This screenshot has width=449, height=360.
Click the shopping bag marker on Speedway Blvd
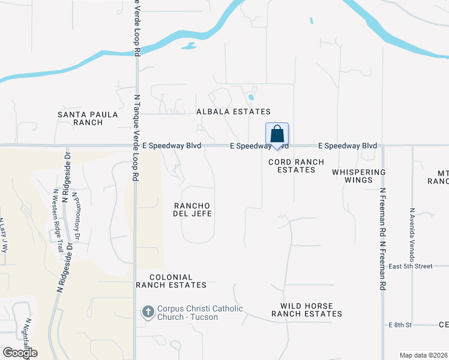(277, 134)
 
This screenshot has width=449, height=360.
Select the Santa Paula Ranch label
(80, 118)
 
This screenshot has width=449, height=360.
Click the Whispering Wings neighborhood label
(359, 176)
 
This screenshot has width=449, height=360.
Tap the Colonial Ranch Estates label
(171, 281)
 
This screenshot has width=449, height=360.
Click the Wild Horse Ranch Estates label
(306, 309)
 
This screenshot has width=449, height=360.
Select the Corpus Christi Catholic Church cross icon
(148, 312)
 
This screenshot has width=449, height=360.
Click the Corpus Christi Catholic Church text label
(200, 313)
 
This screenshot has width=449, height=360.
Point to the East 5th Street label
(411, 266)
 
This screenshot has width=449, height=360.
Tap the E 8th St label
(400, 325)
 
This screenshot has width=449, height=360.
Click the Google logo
(20, 353)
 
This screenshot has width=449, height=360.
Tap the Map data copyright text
(424, 355)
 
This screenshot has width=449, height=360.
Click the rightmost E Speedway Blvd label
(347, 146)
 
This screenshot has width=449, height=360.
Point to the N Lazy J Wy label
(3, 235)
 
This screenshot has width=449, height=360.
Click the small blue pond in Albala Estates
(251, 96)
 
